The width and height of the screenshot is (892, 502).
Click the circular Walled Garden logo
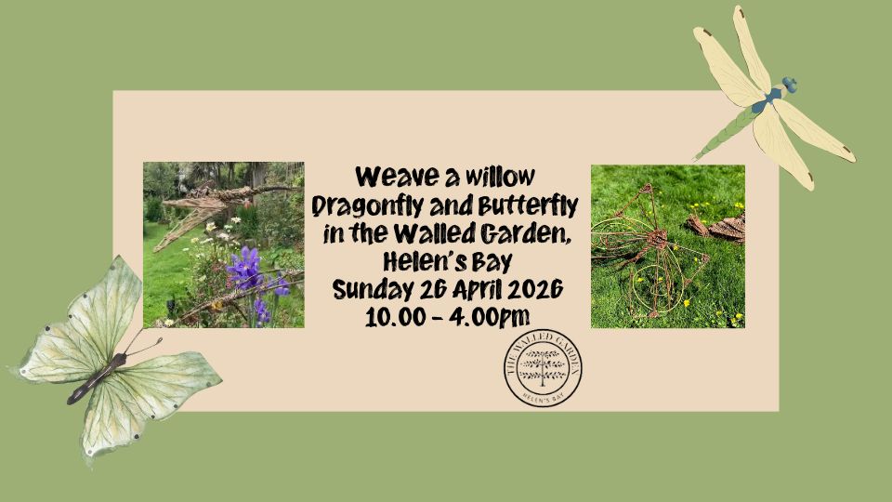tap(544, 369)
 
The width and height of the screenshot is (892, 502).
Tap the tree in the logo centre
tap(544, 367)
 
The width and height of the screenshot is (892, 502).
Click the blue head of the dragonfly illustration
tap(789, 86)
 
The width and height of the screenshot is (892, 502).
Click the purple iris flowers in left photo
tap(248, 270)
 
